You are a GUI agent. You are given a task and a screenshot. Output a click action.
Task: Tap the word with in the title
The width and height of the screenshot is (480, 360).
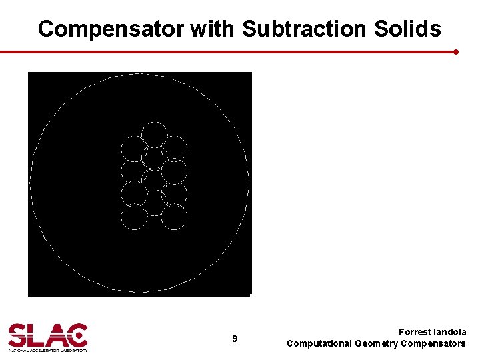[x=213, y=29]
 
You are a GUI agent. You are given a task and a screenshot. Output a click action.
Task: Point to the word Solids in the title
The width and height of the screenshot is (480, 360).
[x=412, y=29]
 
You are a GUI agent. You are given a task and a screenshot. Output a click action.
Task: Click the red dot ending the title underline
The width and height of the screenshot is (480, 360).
[x=455, y=51]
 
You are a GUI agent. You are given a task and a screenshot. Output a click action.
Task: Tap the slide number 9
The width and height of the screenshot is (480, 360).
[x=235, y=339]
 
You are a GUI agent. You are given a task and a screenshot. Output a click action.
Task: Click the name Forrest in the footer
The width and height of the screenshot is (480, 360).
[x=415, y=332]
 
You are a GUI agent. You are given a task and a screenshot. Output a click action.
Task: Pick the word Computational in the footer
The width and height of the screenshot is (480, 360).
[x=319, y=343]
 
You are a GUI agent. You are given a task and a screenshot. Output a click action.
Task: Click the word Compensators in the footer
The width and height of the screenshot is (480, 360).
[x=434, y=343]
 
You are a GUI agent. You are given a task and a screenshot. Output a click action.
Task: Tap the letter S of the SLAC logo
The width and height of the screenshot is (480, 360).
[x=19, y=335]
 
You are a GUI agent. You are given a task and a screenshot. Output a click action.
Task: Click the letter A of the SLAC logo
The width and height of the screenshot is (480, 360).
[x=57, y=335]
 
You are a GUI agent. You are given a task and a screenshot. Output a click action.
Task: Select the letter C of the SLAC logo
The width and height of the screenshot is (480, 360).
[x=77, y=335]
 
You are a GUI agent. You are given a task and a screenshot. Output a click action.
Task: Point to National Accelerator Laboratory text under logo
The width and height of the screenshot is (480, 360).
[x=47, y=349]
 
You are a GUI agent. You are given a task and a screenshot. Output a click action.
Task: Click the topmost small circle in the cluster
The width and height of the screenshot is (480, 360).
[x=154, y=135]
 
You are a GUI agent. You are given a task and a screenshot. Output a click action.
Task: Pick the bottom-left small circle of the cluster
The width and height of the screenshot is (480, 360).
[x=134, y=217]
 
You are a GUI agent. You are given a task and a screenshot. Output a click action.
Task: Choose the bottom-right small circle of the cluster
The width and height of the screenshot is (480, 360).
[x=174, y=217]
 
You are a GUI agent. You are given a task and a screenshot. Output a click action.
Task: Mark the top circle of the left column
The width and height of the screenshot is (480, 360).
[x=133, y=148]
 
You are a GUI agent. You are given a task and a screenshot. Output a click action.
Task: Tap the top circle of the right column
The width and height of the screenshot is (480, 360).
[x=175, y=148]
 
